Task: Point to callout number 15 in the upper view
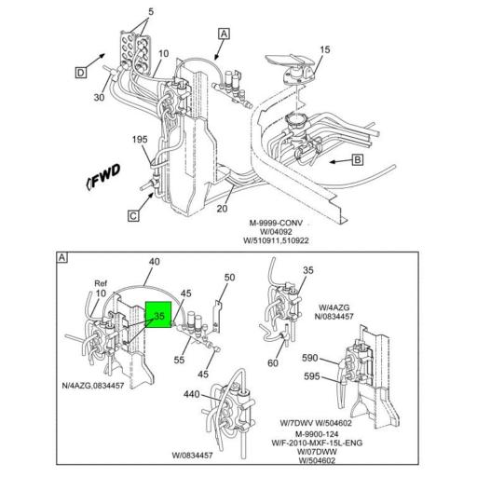point(325,49)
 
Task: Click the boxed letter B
point(357,159)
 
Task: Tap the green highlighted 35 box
point(159,317)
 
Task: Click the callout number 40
point(154,262)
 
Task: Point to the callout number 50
point(230,278)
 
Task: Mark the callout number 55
point(179,358)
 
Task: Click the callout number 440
point(191,395)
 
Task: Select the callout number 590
point(308,358)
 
